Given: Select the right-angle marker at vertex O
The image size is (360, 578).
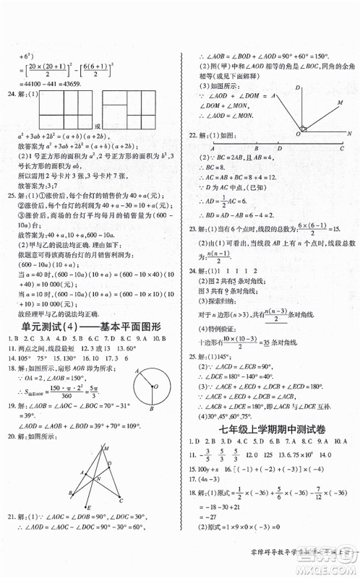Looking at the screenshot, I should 302,130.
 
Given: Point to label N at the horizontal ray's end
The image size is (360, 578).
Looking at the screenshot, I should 349,134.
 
